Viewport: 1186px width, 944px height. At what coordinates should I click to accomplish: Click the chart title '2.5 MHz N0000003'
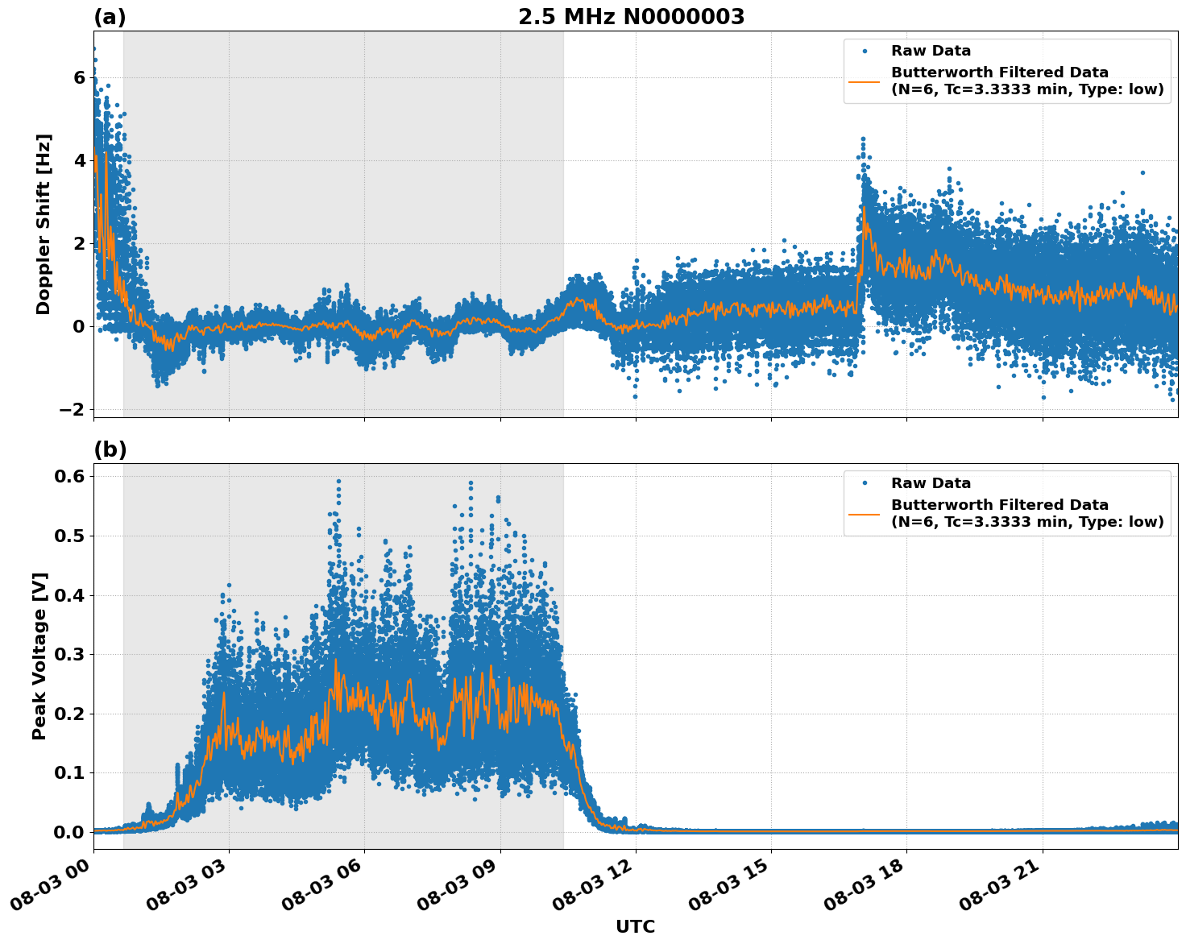631,17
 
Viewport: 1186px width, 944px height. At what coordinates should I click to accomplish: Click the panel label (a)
110,17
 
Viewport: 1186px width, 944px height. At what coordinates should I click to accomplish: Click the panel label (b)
110,449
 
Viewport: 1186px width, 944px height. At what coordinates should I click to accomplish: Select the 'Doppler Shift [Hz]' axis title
44,224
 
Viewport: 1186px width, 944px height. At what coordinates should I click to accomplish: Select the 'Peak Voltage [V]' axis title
39,656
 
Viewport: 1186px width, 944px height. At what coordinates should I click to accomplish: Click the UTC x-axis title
635,926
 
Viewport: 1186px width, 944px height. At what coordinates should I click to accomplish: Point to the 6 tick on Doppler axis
79,78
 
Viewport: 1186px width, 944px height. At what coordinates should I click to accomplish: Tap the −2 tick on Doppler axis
72,410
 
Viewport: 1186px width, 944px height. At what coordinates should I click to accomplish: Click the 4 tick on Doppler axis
79,161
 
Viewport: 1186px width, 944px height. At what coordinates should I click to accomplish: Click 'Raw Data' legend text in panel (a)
931,52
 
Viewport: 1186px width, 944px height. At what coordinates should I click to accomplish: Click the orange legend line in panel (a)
865,81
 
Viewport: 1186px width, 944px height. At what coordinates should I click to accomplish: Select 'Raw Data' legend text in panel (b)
931,483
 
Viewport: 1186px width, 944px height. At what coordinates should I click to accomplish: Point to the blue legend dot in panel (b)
865,483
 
